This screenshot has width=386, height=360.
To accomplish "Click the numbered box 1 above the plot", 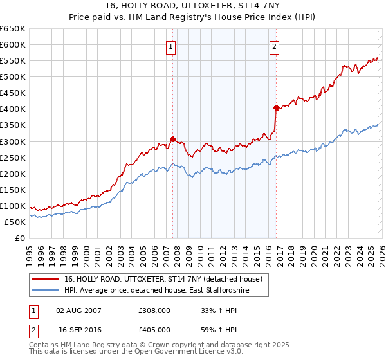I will [x=171, y=46].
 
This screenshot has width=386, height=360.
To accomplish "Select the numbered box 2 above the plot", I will [x=274, y=46].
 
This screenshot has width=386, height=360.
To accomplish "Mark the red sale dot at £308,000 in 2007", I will [x=172, y=138].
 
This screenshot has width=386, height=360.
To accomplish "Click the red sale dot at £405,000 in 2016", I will [x=276, y=107].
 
